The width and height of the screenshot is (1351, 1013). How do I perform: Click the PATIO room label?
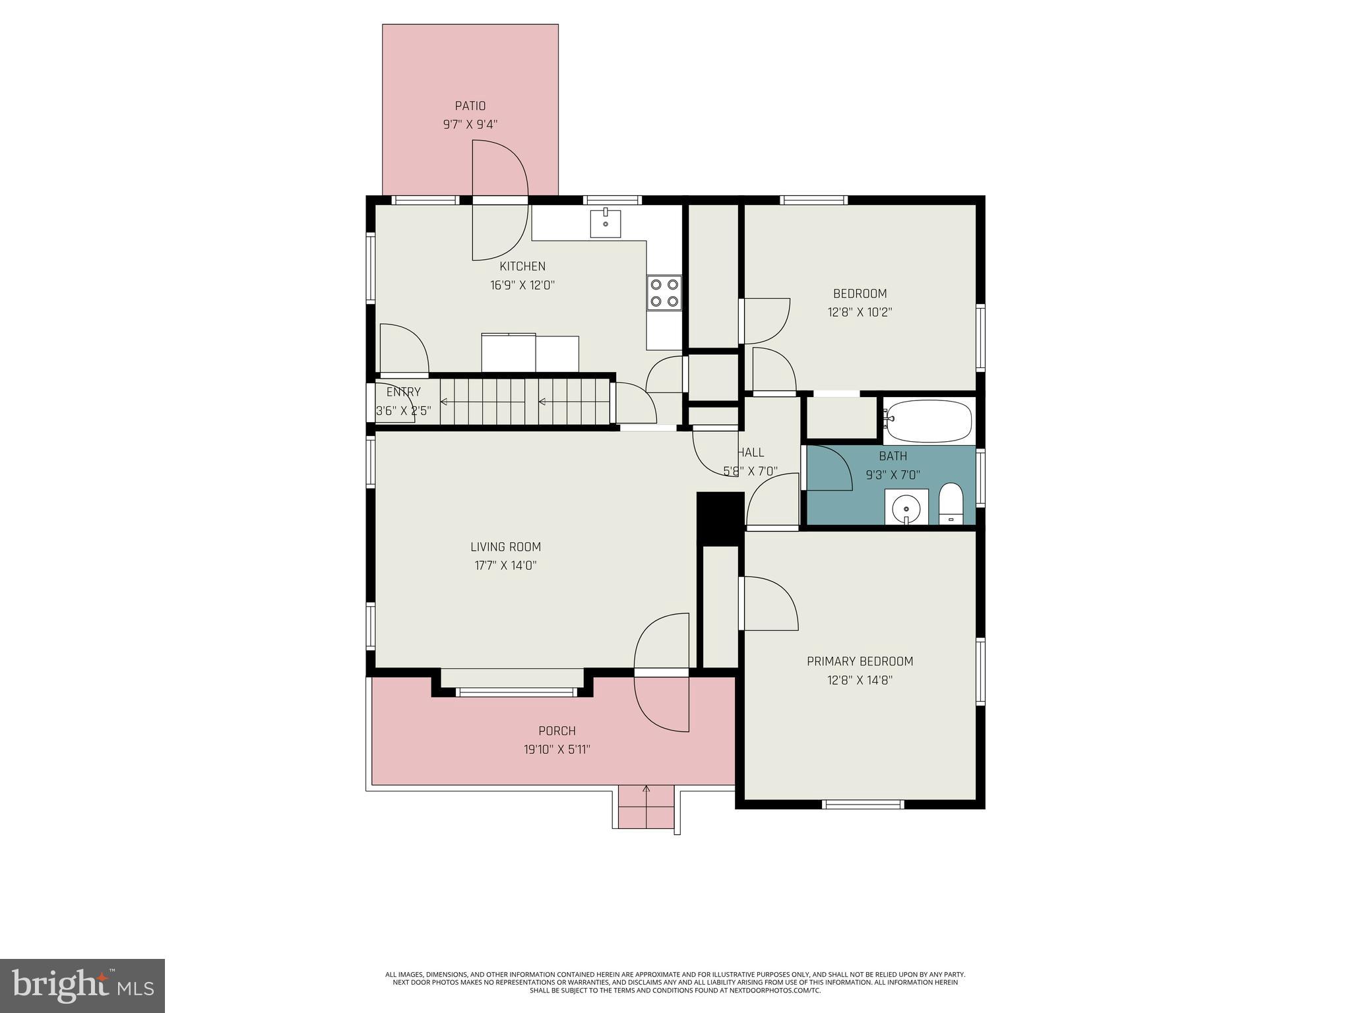[470, 106]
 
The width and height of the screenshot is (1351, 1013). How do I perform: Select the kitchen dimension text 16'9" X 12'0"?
[522, 286]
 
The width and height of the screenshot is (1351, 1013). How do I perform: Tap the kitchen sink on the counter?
[605, 223]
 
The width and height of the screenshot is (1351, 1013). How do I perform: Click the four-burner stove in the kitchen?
[664, 293]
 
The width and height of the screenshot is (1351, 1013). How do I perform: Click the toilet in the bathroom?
[951, 503]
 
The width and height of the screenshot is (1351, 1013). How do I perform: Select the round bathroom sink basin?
[907, 508]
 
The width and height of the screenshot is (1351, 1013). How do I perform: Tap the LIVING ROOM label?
[505, 547]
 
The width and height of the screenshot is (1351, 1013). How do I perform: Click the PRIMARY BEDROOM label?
[860, 661]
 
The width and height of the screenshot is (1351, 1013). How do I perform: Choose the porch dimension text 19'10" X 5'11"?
[557, 749]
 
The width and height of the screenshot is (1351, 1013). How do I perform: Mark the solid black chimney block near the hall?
[720, 518]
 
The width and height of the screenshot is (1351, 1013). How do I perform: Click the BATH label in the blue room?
[893, 456]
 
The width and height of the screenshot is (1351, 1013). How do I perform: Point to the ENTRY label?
[403, 392]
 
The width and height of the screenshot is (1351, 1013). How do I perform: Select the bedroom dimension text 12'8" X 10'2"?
[860, 312]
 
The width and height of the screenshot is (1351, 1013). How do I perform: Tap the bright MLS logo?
[82, 985]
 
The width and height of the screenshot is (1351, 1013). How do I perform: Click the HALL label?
[751, 452]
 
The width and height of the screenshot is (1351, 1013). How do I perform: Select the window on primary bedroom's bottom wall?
[862, 804]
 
